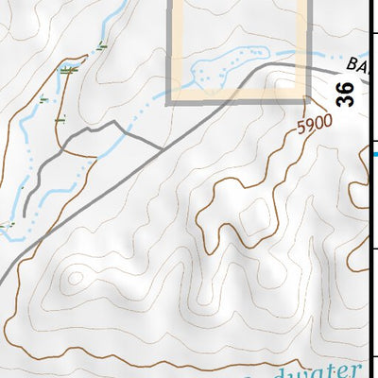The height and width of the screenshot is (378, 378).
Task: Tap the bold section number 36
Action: click(x=346, y=94)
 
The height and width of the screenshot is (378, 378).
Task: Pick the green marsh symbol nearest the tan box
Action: click(x=101, y=44)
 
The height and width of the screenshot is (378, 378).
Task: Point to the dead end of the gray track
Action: click(x=26, y=214)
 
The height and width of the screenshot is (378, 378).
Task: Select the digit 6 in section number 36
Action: click(x=346, y=86)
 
